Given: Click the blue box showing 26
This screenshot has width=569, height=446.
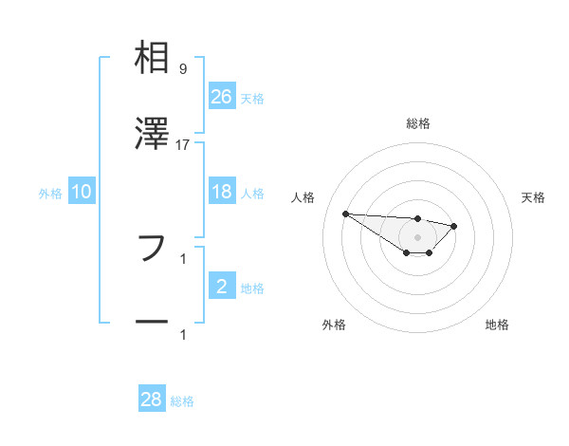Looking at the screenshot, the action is [222, 97].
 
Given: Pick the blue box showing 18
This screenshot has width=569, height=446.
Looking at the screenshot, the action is [222, 192].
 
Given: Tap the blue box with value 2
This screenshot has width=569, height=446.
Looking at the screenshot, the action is [222, 287].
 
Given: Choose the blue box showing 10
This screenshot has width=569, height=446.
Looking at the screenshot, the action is [82, 193].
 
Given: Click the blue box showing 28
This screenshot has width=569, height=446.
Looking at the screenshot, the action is [152, 400].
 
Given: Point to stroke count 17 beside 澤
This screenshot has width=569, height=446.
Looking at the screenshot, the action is [183, 144].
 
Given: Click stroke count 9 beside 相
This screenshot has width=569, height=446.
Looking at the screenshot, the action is [182, 68].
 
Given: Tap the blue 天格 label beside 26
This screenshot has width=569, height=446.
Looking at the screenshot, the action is [252, 99].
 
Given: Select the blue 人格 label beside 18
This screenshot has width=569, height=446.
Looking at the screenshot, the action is [252, 194].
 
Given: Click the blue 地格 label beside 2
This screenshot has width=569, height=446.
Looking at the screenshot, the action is [252, 288].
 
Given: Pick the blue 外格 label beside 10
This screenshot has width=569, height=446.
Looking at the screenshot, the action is [50, 194].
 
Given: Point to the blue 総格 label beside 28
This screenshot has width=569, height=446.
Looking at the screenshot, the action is [182, 401].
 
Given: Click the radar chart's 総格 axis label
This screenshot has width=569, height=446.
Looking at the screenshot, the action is [418, 123].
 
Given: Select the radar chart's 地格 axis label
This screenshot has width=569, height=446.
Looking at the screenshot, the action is [497, 325].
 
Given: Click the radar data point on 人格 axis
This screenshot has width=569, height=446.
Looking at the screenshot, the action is [345, 214].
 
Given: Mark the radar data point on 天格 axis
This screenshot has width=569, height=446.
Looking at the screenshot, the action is [454, 226].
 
